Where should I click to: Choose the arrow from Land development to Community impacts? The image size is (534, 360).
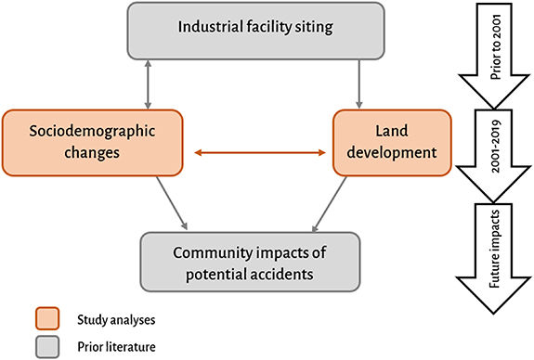click(x=337, y=203)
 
